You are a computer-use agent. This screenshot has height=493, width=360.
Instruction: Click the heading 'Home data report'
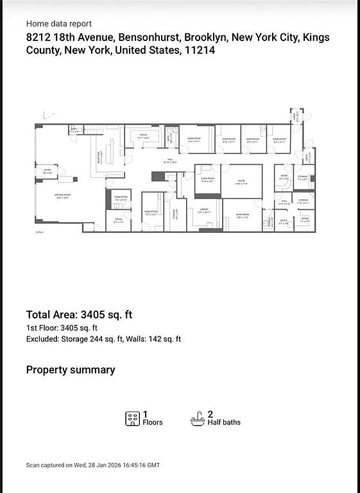tap(59, 23)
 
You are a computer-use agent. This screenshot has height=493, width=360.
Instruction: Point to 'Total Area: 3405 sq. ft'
tap(79, 315)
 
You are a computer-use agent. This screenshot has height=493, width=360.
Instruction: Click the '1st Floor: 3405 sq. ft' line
tap(62, 328)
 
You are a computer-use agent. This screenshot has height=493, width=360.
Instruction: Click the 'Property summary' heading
tap(71, 370)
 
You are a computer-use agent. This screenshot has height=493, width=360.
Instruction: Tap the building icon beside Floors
tap(132, 419)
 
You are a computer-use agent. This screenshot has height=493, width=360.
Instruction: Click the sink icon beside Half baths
tap(198, 419)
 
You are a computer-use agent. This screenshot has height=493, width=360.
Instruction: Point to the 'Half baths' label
tap(224, 422)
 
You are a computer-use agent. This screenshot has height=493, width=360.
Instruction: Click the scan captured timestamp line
tap(92, 465)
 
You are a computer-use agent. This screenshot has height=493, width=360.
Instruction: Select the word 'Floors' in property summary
tap(152, 422)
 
